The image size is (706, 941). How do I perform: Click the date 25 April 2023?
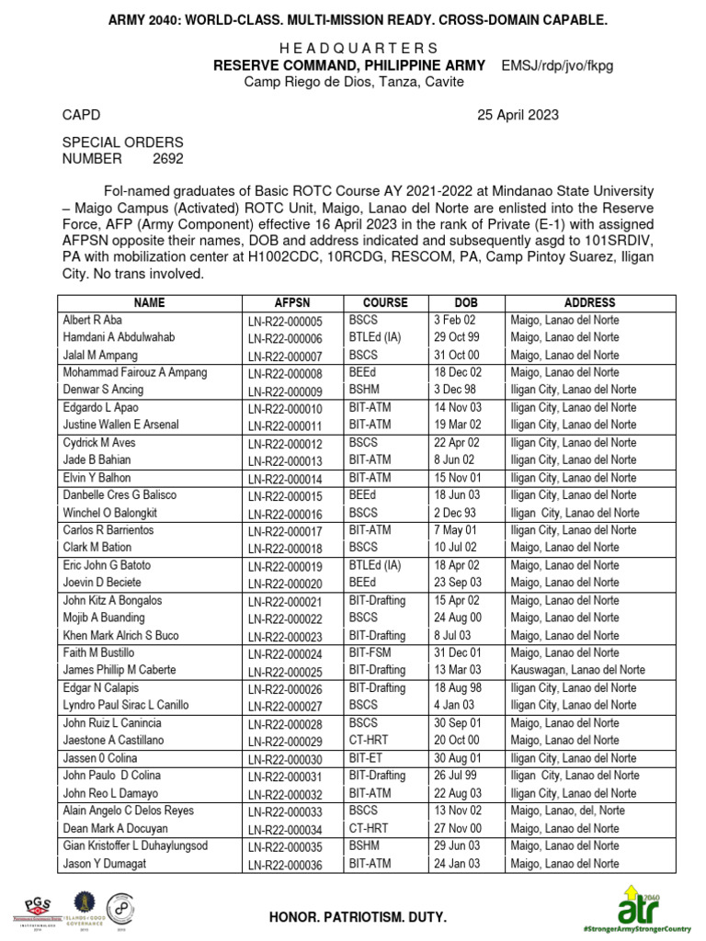[518, 115]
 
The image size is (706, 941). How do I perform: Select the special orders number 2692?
[168, 158]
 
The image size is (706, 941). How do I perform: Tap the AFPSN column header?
[292, 302]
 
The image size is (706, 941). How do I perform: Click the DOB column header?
[466, 302]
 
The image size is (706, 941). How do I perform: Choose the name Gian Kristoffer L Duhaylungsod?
[135, 845]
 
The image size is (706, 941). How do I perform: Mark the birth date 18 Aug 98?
[458, 687]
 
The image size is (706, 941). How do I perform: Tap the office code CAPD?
[81, 115]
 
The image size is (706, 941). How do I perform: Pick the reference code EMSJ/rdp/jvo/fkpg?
[557, 66]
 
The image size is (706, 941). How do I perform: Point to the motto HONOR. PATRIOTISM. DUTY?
[358, 917]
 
